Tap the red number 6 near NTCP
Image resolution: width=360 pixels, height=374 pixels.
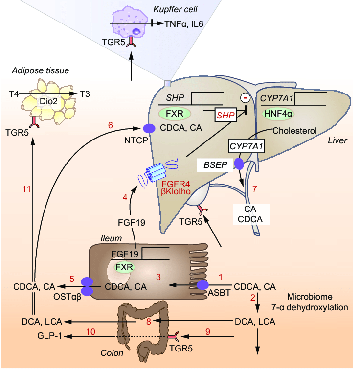pyautogui.click(x=110, y=126)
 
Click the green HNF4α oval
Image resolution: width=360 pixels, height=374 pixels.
pyautogui.click(x=277, y=114)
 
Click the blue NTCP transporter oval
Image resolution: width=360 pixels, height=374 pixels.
pyautogui.click(x=149, y=129)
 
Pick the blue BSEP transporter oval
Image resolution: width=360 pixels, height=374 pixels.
pyautogui.click(x=239, y=164)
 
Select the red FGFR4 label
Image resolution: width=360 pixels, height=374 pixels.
pyautogui.click(x=181, y=185)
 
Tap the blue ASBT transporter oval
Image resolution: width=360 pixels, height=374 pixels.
pyautogui.click(x=203, y=285)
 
